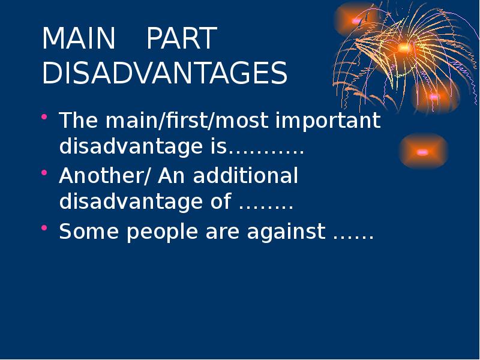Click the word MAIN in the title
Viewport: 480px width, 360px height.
click(78, 40)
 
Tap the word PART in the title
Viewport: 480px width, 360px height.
click(181, 40)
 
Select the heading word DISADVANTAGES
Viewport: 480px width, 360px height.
click(165, 73)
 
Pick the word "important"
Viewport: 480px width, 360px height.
click(328, 122)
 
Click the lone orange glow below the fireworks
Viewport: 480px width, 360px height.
click(422, 152)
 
